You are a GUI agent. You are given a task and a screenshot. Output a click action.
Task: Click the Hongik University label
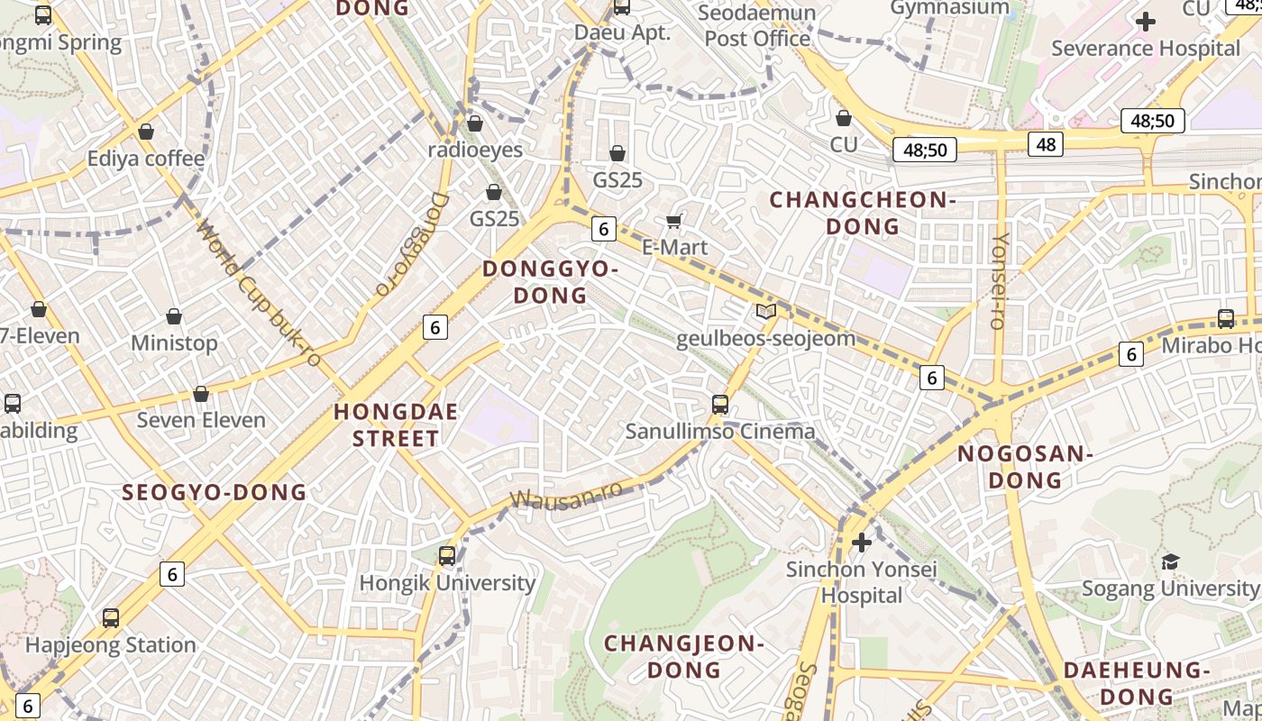click(447, 583)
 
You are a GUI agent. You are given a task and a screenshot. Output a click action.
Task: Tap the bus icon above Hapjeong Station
click(111, 618)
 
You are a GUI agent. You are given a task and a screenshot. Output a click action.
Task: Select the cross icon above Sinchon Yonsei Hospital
click(862, 543)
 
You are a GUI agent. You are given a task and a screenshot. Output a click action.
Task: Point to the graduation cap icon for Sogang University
click(1170, 561)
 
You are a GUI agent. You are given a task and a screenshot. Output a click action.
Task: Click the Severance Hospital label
click(1146, 48)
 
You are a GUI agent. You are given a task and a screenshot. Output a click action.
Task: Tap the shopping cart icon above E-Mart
click(673, 221)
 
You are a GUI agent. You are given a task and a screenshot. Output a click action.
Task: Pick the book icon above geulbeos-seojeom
click(765, 312)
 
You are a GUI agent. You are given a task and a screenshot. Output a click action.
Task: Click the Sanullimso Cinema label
click(720, 431)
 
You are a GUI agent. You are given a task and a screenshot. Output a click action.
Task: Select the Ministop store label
click(174, 343)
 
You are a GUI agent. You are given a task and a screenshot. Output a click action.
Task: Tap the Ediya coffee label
click(146, 159)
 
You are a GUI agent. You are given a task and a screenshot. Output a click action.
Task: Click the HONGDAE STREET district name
click(396, 425)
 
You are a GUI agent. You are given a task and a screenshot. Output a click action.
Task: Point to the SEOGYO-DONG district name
click(215, 492)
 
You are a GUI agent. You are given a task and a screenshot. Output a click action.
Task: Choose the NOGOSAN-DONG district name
click(1025, 467)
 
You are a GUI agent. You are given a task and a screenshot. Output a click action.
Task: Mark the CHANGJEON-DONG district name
click(684, 656)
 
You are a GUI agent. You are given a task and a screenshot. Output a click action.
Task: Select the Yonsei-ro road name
click(998, 280)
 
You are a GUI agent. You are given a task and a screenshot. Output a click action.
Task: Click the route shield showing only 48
click(1046, 144)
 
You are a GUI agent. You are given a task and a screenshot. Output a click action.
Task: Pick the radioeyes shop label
click(475, 150)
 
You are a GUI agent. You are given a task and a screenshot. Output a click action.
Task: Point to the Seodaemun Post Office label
click(758, 25)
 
